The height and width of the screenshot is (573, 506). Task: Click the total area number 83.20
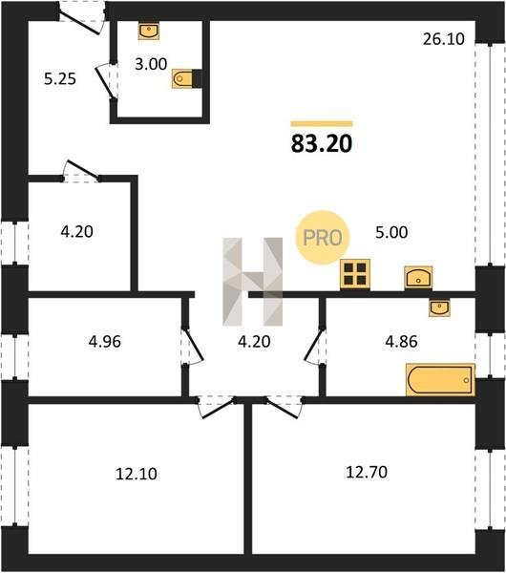pos(322,143)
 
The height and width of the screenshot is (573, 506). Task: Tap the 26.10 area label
pos(444,39)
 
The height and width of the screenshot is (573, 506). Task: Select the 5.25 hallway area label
pos(60,79)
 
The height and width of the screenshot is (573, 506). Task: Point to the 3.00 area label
pos(151,64)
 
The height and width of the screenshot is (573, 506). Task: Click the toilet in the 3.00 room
pos(187,78)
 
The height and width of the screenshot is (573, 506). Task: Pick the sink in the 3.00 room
pos(149,32)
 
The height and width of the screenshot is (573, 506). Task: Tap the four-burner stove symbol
pos(355,275)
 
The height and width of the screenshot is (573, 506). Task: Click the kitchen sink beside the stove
pos(418,279)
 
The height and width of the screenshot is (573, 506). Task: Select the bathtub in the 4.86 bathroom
pos(441,380)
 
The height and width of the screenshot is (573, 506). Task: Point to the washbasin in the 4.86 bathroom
pos(439,308)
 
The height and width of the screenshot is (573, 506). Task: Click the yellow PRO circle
pos(323,238)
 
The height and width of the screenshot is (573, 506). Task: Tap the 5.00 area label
pos(391,233)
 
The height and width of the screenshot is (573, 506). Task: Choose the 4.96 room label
pos(105,342)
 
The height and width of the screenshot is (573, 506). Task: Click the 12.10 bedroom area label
pos(137,474)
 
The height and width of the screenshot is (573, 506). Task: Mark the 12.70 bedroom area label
pos(367,472)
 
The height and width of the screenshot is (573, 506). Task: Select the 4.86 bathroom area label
pos(401,342)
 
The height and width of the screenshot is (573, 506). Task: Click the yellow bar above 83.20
pos(322,124)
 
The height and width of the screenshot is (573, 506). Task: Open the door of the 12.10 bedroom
pos(217,408)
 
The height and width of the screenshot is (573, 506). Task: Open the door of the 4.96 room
pos(192,347)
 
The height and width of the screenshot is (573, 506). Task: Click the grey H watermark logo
pos(253,282)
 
